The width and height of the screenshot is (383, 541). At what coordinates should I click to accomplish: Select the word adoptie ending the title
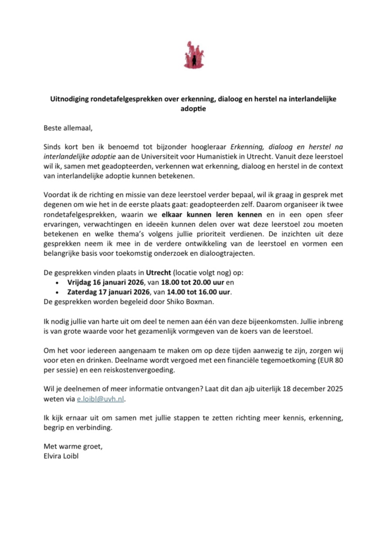191,109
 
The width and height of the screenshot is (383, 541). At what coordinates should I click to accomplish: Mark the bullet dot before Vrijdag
57,282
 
